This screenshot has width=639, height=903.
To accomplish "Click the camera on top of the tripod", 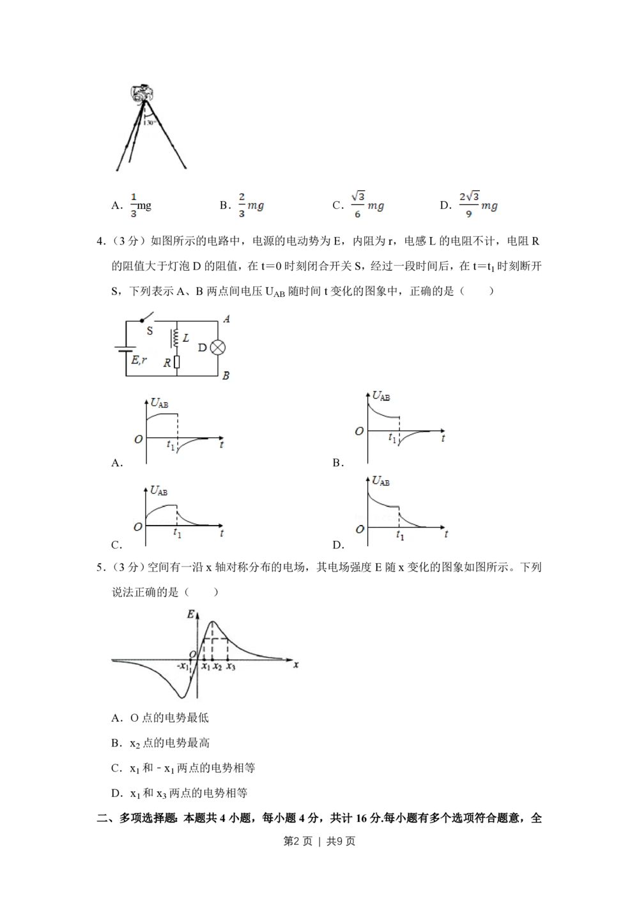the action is tap(142, 93).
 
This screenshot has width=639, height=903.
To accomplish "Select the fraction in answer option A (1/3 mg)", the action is tap(134, 205).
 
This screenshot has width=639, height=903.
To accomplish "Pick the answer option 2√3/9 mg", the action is tap(478, 204).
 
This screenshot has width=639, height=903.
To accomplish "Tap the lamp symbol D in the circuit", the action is tap(218, 347).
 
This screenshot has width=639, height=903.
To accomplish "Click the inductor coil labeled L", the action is tap(175, 338).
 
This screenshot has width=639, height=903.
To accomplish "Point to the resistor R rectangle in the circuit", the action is tap(177, 362).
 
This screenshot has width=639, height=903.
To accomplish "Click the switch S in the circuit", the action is tap(147, 319).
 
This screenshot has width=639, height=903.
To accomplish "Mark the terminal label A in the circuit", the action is tap(227, 319).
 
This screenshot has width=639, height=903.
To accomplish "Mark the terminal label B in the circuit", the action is tap(226, 376).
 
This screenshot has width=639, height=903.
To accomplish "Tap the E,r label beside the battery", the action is tap(139, 360).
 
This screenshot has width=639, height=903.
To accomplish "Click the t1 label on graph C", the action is tap(177, 533).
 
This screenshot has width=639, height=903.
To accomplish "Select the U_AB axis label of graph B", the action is tap(381, 397).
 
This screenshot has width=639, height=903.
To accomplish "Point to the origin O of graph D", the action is tap(360, 529).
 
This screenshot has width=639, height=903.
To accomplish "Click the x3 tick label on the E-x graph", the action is tap(231, 666).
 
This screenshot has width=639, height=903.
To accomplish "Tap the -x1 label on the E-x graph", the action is tap(183, 666).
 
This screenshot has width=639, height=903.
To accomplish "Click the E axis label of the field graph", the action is tap(190, 614).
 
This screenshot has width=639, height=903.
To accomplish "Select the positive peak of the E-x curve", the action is tap(213, 621).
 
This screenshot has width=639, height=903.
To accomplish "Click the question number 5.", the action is tap(100, 568).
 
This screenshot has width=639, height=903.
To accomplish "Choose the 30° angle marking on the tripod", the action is tap(150, 122).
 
